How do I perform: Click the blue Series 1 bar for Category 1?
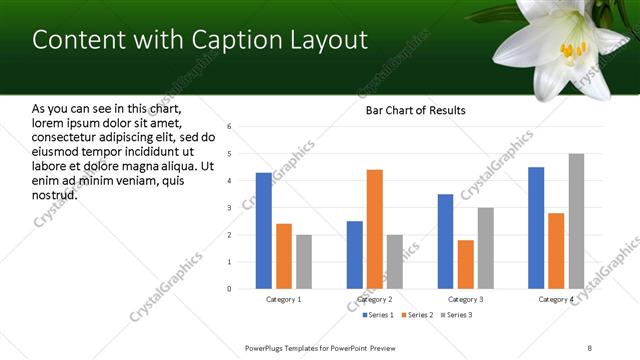tap(263, 231)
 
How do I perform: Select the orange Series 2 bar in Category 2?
tap(374, 229)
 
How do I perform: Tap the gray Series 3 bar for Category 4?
tap(576, 221)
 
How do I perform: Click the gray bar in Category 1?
tap(303, 262)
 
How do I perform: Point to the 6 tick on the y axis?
tap(230, 127)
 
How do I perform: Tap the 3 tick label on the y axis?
tap(230, 208)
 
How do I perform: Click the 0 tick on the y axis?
tap(230, 289)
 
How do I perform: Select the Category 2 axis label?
tap(375, 299)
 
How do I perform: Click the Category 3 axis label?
tap(466, 299)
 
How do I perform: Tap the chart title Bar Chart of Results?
tap(415, 110)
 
